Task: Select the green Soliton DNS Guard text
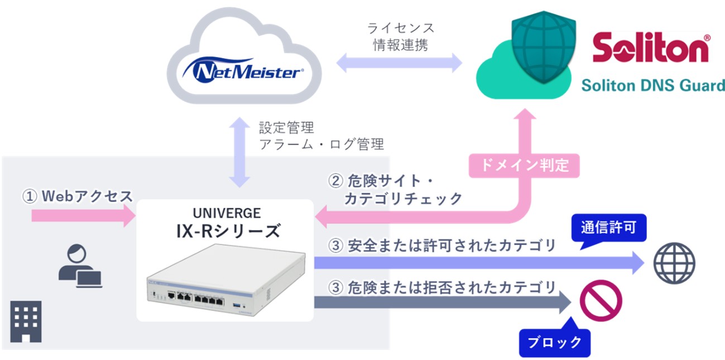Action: (652, 85)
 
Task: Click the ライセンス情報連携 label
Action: (400, 36)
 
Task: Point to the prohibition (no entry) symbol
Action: (601, 301)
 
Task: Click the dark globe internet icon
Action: (674, 263)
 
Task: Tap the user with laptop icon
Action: (80, 267)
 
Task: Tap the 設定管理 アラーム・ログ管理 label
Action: (321, 136)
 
